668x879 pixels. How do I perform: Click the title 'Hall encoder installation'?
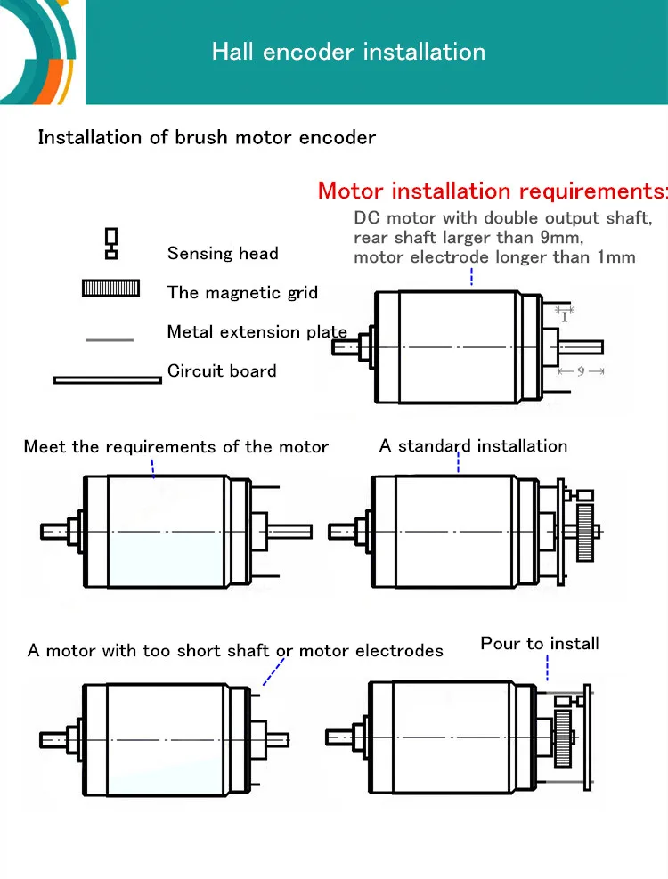pos(348,52)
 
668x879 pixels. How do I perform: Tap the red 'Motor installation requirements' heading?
pos(493,191)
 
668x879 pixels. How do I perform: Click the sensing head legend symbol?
pos(111,243)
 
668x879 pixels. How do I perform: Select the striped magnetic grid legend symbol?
pos(111,289)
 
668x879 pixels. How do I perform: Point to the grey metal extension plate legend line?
pos(110,339)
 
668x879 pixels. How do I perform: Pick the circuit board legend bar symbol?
pos(108,380)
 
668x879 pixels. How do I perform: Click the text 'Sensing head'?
pos(223,254)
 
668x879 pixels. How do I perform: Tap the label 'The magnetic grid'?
pos(242,292)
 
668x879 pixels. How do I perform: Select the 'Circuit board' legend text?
pos(222,370)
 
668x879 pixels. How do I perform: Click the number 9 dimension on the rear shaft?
pos(581,371)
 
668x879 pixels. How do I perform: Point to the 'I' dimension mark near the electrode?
pos(565,317)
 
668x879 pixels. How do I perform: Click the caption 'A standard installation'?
pos(473,445)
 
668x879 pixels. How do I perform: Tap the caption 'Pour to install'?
pos(540,643)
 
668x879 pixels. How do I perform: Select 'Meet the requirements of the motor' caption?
pos(175,447)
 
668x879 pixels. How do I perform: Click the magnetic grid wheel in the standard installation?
pos(585,533)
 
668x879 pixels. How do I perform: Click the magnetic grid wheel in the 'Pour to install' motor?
pos(563,738)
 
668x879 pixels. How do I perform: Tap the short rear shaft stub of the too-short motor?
pos(277,740)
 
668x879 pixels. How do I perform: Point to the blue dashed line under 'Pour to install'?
pos(548,668)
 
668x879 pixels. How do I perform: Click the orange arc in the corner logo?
pos(48,82)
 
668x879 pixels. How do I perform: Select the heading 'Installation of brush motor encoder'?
pos(207,137)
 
